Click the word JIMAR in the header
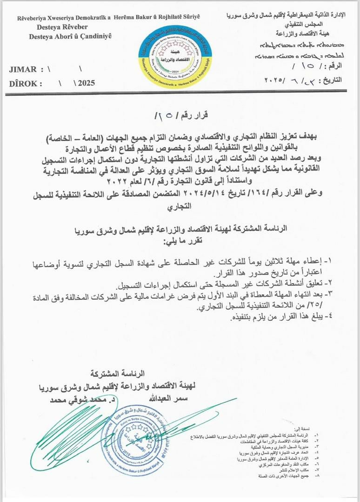pyautogui.click(x=23, y=70)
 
